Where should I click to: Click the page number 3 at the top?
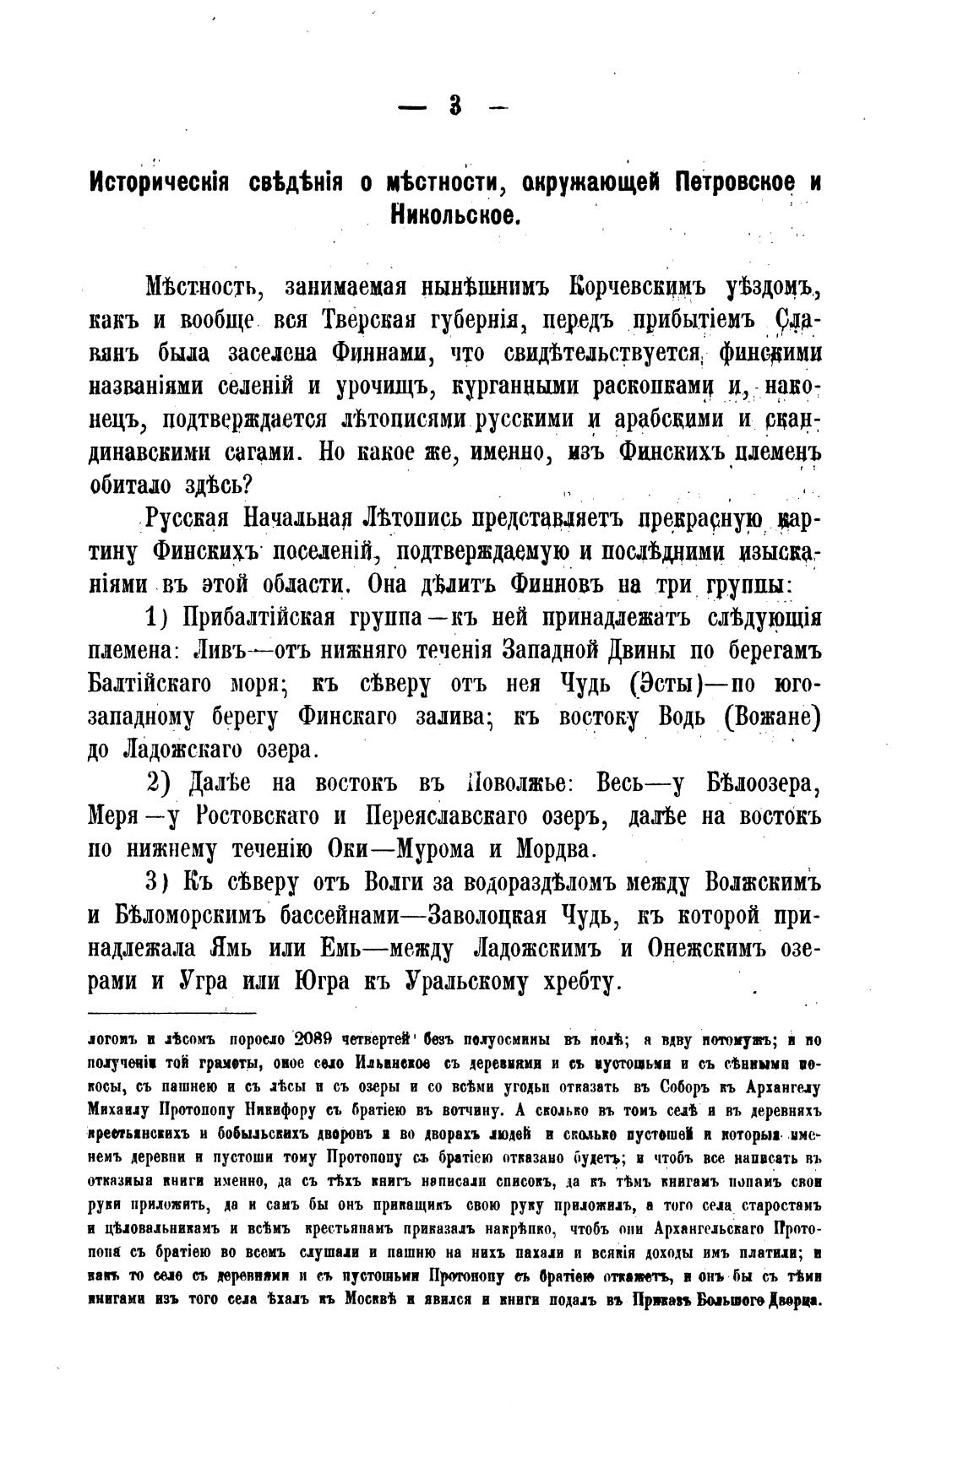point(455,106)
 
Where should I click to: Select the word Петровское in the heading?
point(705,185)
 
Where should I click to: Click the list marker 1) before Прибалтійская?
point(159,618)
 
